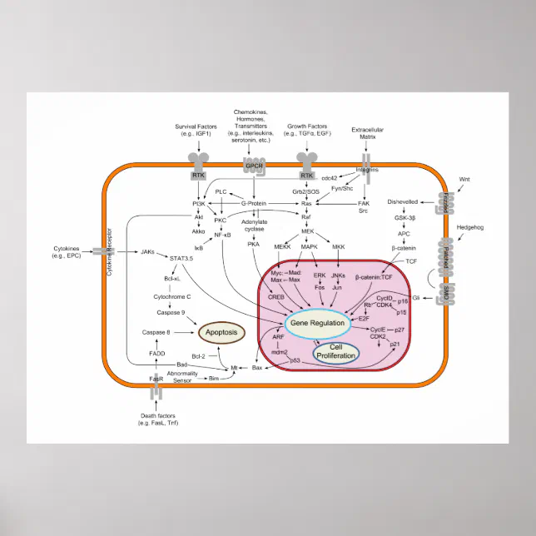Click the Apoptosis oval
click(221, 333)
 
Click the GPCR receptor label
click(252, 166)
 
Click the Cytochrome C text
click(171, 295)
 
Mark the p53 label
click(295, 360)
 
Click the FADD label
click(156, 354)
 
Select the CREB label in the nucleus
click(276, 296)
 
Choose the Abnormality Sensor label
click(181, 377)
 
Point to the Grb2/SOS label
click(305, 191)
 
